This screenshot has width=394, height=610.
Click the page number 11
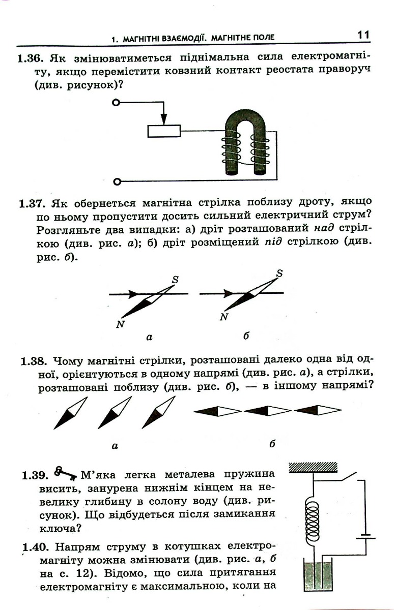(x=363, y=35)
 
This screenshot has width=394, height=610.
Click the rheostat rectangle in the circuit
(x=164, y=131)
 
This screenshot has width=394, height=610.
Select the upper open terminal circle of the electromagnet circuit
(x=116, y=103)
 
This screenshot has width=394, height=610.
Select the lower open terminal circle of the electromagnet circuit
(x=117, y=181)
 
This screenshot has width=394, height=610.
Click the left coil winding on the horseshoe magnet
(x=231, y=148)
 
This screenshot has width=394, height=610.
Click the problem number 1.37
(x=31, y=204)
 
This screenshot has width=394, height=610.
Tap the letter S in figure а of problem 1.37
(x=175, y=280)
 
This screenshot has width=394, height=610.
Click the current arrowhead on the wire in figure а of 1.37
(x=133, y=294)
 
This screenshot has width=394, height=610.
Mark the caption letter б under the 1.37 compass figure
(x=246, y=337)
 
